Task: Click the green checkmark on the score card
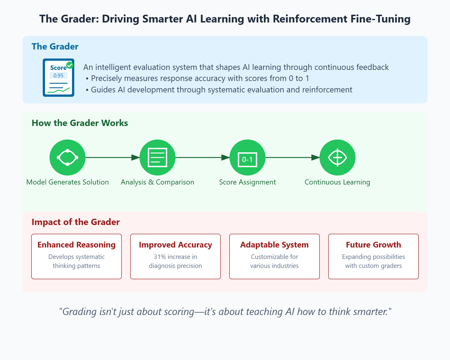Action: tap(70, 65)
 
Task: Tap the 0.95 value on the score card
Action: tap(58, 76)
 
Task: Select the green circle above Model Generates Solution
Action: tap(67, 157)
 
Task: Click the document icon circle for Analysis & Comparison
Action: tap(157, 157)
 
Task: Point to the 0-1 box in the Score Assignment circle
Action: tap(247, 160)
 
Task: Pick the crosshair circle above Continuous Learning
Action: tap(337, 157)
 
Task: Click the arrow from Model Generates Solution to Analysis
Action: tap(112, 157)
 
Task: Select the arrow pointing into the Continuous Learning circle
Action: tap(292, 157)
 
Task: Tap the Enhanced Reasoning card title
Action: tap(76, 245)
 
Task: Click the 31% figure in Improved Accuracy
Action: tap(160, 257)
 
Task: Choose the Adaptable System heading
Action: tap(274, 245)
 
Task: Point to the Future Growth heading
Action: tap(373, 245)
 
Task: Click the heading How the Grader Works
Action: tap(80, 123)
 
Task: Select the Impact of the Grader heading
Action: tap(76, 222)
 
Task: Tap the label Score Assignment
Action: tap(247, 182)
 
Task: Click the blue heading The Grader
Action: tap(55, 46)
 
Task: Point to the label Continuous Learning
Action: tap(337, 182)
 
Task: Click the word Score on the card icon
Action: tap(58, 68)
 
